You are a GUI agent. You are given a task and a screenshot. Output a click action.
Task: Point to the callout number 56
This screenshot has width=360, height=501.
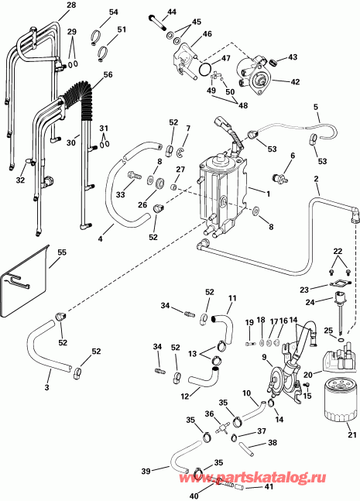point(108,74)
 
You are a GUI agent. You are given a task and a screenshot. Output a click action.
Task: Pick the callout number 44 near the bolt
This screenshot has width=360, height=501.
point(172,12)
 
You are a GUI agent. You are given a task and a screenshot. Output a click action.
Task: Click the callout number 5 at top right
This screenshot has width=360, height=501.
point(316,107)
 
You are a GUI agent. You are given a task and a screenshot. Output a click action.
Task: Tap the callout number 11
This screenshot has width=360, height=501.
point(231,298)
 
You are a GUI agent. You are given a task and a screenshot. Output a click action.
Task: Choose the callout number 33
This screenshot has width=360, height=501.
point(120,195)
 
